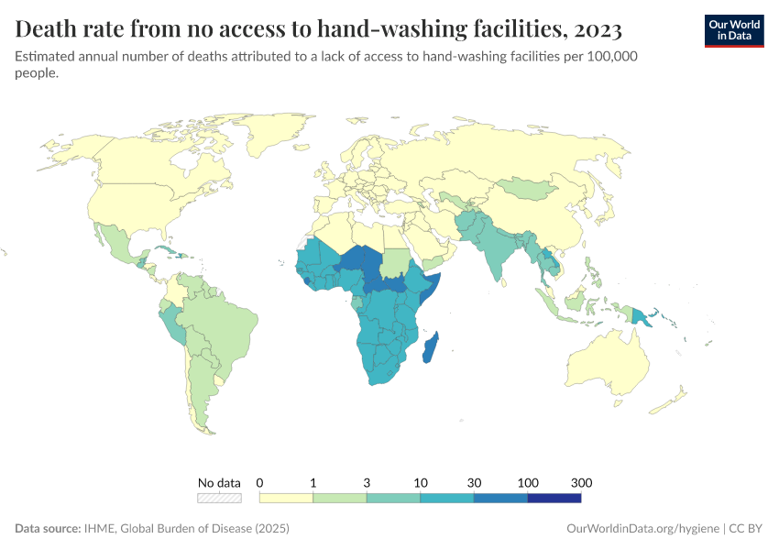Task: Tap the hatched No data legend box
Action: (x=219, y=498)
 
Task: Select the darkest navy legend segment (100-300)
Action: (x=554, y=498)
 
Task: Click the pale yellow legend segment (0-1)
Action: (x=286, y=498)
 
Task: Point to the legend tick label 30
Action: (x=474, y=482)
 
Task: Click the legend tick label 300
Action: (x=581, y=482)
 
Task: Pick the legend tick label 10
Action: (x=421, y=482)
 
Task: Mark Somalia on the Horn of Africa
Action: (x=432, y=284)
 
